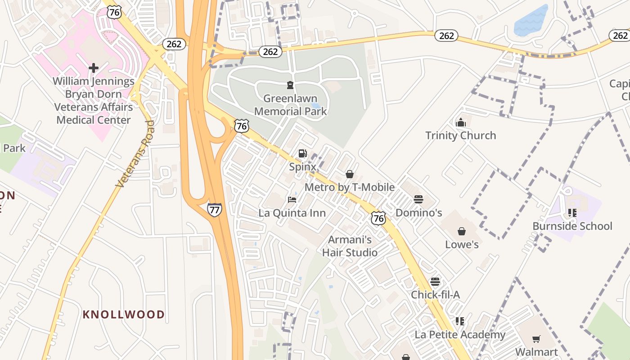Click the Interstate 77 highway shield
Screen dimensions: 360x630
(215, 209)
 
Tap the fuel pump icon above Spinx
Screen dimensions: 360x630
(303, 153)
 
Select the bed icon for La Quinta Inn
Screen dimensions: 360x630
(292, 199)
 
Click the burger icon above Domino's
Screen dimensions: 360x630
(418, 199)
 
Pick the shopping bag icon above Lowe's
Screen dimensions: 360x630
(462, 231)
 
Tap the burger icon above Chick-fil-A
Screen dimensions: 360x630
(435, 282)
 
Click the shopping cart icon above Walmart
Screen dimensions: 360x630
(536, 339)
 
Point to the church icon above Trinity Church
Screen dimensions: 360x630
(460, 122)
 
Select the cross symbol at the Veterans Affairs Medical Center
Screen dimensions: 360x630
(94, 68)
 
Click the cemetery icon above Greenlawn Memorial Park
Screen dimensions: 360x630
(290, 85)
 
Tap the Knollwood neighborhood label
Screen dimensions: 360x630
(123, 315)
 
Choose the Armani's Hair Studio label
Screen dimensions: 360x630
(350, 246)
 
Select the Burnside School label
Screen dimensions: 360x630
(572, 226)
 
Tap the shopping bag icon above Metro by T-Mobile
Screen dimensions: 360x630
(350, 174)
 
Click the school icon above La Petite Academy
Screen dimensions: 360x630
(460, 321)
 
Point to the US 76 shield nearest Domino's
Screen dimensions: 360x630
(378, 219)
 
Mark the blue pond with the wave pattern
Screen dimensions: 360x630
(531, 21)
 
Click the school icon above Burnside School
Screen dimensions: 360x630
(572, 212)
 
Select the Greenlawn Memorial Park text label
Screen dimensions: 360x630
(290, 105)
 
